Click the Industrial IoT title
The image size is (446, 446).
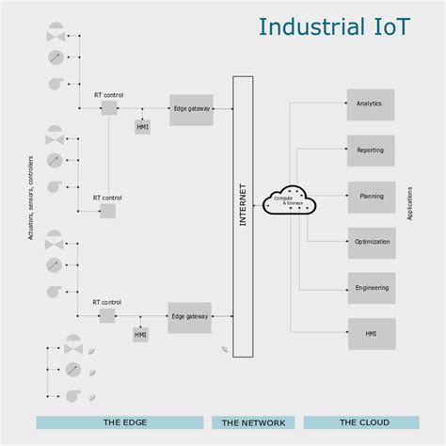coord(334,26)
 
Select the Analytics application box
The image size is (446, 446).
coord(370,104)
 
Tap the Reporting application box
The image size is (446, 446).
coord(370,151)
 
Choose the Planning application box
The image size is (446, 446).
coord(371,197)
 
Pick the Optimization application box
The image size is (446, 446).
coord(371,242)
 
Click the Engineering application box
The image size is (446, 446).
coord(371,288)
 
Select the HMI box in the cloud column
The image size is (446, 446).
coord(371,333)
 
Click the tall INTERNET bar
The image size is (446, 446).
coord(243,216)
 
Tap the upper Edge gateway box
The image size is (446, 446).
coord(191,109)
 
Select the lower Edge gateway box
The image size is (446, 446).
coord(189,317)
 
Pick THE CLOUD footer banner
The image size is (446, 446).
coord(358,422)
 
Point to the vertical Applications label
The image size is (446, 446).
coord(410,203)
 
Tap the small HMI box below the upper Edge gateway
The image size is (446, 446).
coord(142,127)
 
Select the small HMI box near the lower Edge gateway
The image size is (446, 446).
coord(140,335)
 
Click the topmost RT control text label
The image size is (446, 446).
coord(108,94)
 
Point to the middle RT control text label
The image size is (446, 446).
coord(107,198)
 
